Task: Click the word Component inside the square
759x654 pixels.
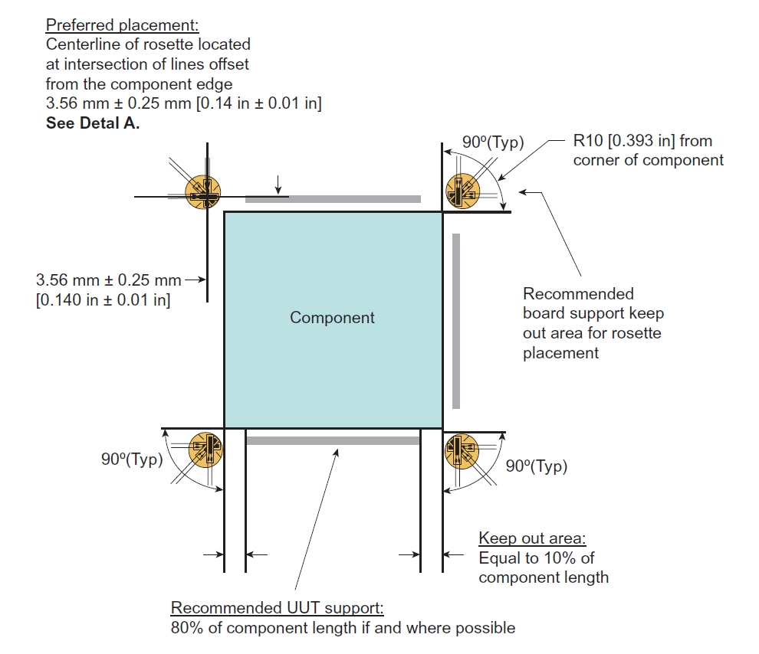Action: click(332, 317)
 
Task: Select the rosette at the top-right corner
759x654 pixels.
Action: click(462, 189)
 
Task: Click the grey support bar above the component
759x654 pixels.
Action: click(333, 199)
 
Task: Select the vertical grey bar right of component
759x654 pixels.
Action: click(456, 321)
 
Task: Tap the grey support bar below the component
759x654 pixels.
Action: click(333, 440)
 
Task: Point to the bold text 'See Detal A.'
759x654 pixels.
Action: click(93, 123)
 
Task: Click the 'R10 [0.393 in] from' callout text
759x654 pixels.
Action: click(642, 141)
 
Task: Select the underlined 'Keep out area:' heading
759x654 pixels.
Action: click(532, 538)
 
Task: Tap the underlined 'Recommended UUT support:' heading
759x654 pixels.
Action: click(277, 608)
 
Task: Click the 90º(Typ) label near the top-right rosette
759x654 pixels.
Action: click(493, 142)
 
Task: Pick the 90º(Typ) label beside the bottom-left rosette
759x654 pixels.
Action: click(132, 459)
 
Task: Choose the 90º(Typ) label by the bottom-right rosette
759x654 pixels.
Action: click(537, 466)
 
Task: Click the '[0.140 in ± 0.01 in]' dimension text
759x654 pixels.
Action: click(103, 299)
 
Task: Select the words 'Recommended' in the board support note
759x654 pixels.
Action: click(578, 293)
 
